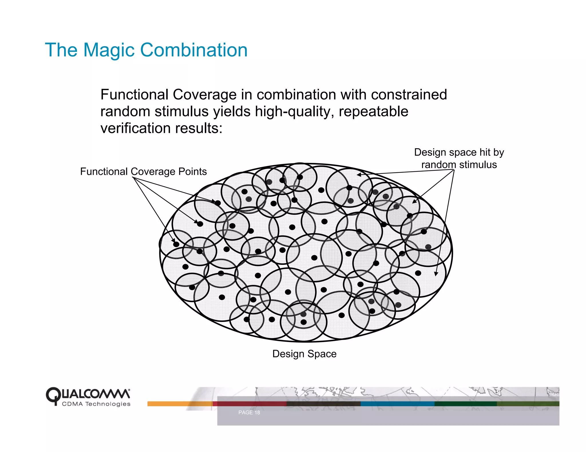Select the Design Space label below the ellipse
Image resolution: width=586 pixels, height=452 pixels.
click(x=304, y=354)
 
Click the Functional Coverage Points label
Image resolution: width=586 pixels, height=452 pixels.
click(x=143, y=171)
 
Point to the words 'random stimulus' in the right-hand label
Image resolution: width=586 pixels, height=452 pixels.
click(x=459, y=165)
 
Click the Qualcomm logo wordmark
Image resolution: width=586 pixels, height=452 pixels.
click(x=88, y=394)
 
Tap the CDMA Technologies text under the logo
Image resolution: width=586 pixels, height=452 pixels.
click(x=96, y=404)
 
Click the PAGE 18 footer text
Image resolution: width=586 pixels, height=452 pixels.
click(x=249, y=413)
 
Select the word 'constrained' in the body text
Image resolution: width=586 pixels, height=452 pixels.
click(x=409, y=95)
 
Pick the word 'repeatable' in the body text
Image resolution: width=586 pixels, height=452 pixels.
click(x=373, y=111)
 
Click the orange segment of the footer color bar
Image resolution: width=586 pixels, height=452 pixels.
click(x=180, y=404)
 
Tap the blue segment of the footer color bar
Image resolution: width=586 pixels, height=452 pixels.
click(x=397, y=404)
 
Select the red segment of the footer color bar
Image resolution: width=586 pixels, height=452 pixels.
click(x=250, y=404)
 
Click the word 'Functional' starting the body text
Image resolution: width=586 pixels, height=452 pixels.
click(x=134, y=95)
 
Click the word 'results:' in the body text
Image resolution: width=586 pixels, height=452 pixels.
click(x=199, y=128)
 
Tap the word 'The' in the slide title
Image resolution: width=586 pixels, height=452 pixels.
click(x=61, y=50)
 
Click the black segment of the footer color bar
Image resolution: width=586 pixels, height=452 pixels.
click(x=324, y=404)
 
